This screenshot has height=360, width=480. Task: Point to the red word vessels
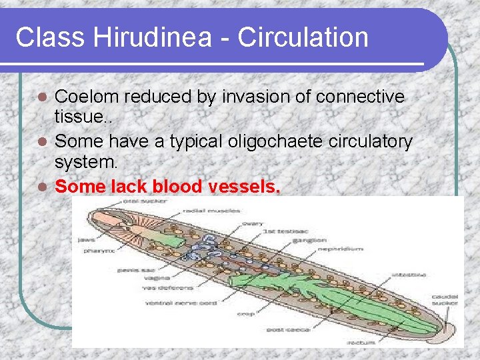pos(245,187)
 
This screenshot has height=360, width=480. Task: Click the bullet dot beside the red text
pos(43,187)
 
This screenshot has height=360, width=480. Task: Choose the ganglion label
pos(311,239)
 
